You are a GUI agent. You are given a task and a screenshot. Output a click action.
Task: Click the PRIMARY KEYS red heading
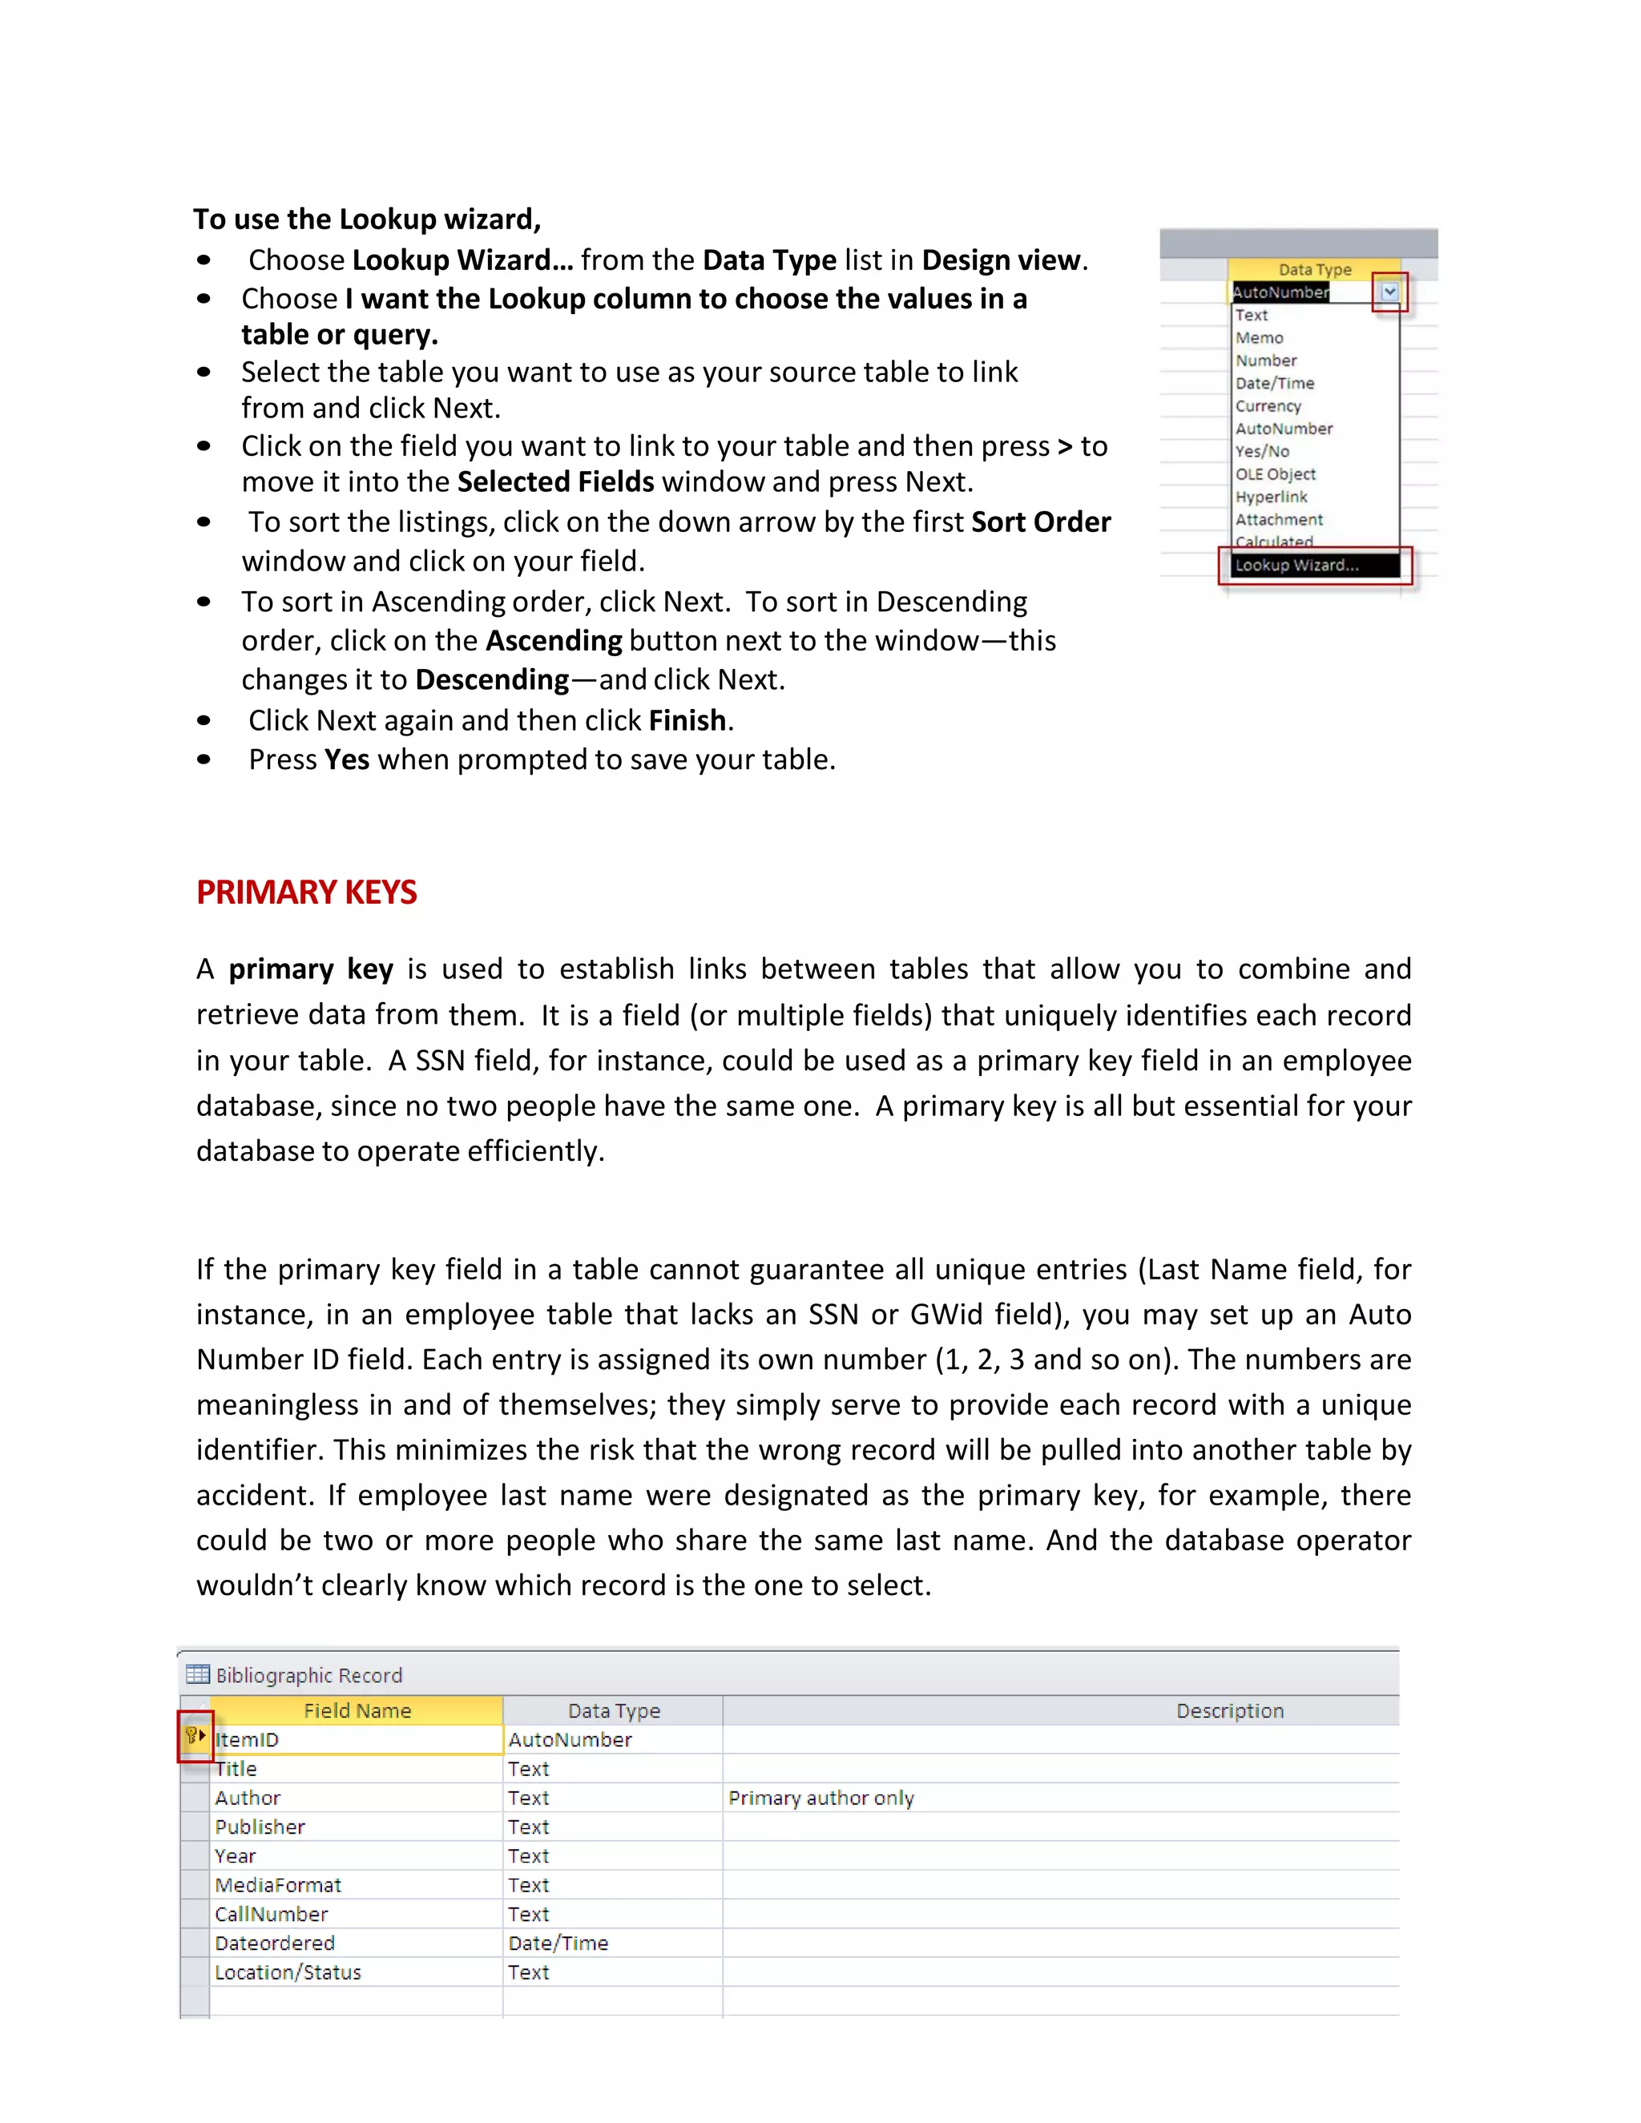pos(306,892)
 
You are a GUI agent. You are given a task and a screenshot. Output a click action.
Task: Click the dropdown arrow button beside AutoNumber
pos(1389,292)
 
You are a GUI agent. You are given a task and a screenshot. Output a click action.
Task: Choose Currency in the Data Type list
pos(1268,406)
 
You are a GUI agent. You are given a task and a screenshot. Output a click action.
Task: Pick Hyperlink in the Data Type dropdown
pos(1271,497)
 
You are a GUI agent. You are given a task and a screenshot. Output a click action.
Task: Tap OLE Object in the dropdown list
pos(1275,474)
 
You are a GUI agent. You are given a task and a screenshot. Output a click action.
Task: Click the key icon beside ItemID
pos(193,1736)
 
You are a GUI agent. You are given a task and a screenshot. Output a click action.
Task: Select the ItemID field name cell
pos(356,1740)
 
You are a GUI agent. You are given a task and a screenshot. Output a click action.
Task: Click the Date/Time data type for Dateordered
pos(558,1944)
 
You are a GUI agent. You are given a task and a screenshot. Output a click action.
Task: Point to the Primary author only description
pos(820,1799)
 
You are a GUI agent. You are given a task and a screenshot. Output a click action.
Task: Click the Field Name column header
pos(357,1711)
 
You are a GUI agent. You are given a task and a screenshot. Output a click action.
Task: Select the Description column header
pos(1229,1711)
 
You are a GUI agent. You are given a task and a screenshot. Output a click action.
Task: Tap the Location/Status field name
pos(288,1972)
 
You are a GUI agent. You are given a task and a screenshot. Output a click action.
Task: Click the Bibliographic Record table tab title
pos(308,1675)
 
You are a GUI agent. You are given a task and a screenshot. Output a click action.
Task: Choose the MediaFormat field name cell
pos(278,1885)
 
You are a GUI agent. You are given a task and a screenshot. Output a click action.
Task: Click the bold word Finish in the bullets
pos(687,720)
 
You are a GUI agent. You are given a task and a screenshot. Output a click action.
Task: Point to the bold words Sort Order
pos(1040,522)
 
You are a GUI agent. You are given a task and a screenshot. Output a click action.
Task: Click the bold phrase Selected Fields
pos(555,482)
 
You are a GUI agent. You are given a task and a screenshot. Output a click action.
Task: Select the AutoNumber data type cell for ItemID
pos(570,1740)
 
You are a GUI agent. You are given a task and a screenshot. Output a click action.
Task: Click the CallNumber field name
pos(272,1914)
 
